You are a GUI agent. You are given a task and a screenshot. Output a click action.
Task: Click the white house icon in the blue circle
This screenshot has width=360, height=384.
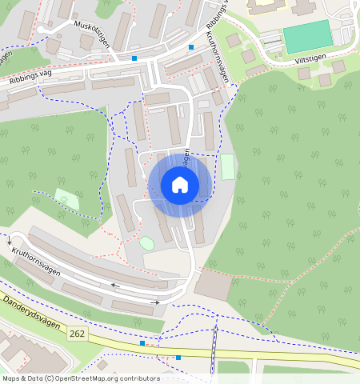180,185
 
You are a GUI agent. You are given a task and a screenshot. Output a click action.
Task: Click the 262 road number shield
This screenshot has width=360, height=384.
77,333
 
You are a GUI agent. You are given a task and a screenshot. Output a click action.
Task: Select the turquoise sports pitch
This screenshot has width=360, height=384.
308,37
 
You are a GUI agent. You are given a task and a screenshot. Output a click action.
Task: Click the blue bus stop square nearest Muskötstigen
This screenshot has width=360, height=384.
134,58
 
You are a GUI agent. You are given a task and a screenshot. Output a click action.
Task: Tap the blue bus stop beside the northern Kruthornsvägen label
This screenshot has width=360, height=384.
190,47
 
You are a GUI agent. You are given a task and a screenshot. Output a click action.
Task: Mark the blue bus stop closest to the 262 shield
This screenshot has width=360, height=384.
142,343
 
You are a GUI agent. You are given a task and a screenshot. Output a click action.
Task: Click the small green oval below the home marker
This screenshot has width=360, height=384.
146,242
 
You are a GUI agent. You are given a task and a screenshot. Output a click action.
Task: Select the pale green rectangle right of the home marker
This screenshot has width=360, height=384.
228,167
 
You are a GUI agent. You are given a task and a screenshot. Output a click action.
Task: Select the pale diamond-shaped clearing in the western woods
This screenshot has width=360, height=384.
67,198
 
